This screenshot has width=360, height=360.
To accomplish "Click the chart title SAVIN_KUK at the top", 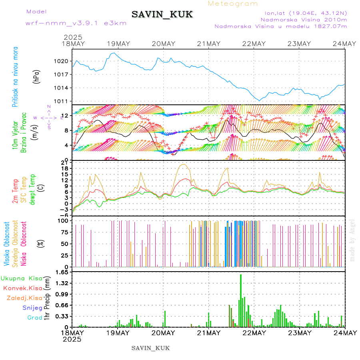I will tap(162, 14).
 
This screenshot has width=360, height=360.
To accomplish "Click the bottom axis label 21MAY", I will tap(208, 333).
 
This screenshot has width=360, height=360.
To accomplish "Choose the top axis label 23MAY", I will tap(299, 44).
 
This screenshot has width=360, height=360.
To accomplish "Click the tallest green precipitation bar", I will tap(241, 300).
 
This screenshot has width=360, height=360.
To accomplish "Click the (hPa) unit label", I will tap(36, 76).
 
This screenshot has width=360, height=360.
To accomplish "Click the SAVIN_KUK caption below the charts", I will tap(150, 348).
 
